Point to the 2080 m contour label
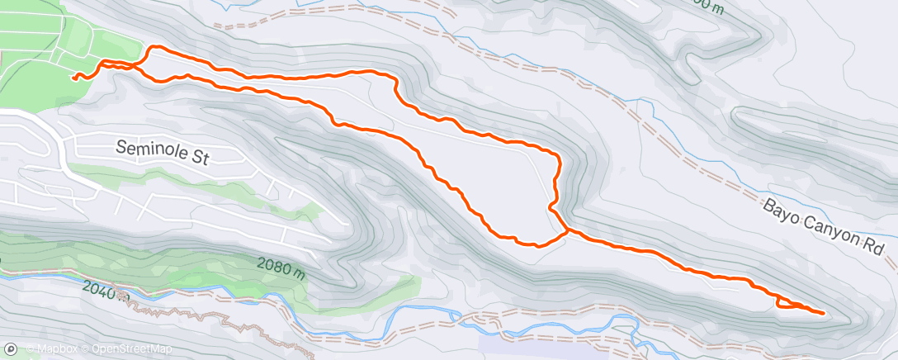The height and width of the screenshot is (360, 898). click(281, 266)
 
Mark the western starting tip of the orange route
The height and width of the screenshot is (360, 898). click(74, 78)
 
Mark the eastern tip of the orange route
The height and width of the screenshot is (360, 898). click(824, 313)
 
